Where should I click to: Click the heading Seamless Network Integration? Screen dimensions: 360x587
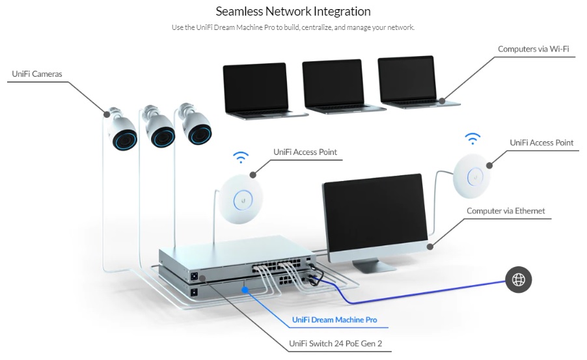click(293, 12)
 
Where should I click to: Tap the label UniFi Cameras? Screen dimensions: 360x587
click(37, 74)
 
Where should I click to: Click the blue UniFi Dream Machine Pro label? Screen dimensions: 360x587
click(334, 320)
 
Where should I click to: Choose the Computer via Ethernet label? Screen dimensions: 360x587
click(506, 211)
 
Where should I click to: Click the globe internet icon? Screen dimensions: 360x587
click(519, 280)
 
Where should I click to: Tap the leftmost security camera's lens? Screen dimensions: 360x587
click(124, 139)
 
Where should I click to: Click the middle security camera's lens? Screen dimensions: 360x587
click(161, 137)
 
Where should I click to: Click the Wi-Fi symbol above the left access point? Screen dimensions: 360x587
click(241, 158)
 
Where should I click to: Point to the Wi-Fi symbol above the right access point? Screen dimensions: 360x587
click(472, 139)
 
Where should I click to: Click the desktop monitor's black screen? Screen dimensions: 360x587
click(374, 212)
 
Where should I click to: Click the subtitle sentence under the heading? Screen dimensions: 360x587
click(293, 27)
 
